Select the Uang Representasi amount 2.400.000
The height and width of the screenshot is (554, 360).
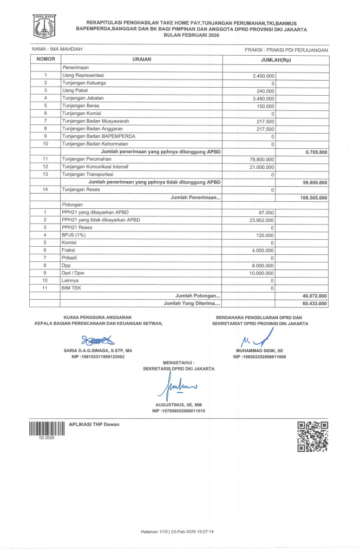click(264, 75)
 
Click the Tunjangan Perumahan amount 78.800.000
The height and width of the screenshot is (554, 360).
click(261, 159)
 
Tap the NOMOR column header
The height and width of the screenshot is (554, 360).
click(46, 59)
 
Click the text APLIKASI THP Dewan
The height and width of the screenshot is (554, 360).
click(95, 424)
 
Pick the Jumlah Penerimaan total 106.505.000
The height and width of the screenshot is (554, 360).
click(315, 198)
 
